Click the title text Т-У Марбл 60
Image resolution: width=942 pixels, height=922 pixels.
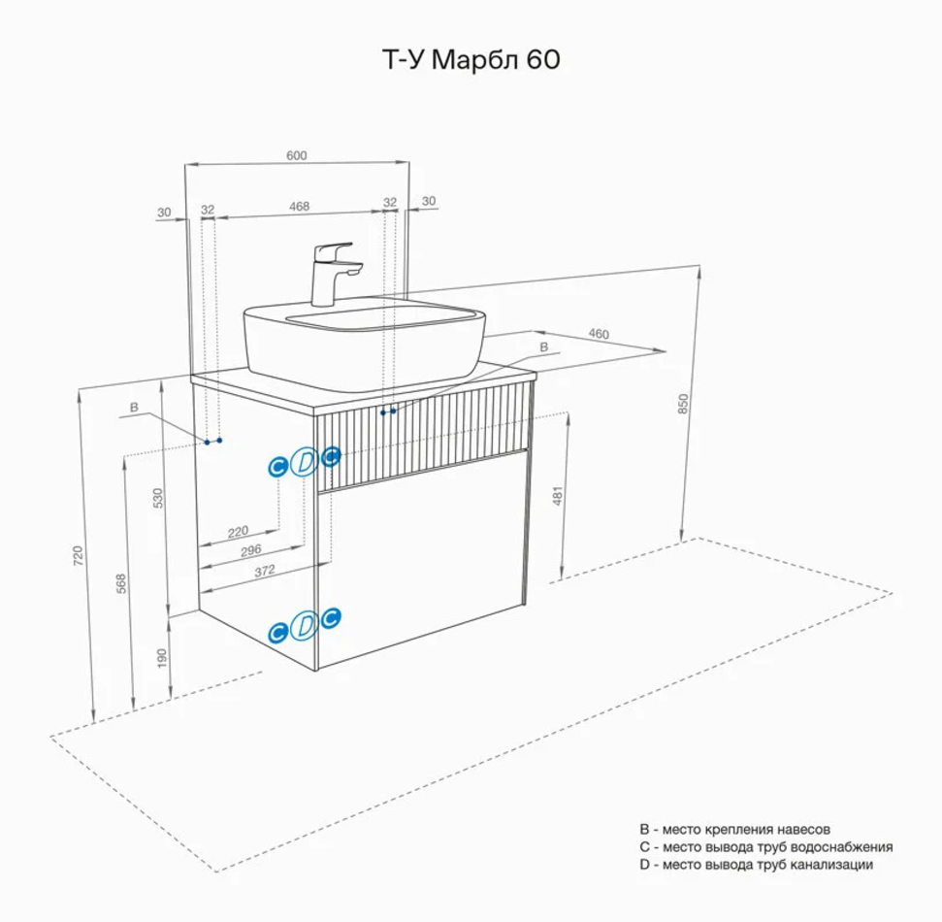(470, 60)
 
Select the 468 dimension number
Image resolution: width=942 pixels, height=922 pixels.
(299, 205)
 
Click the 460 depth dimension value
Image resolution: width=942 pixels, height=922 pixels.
(599, 334)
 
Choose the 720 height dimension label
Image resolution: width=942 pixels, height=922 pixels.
(79, 555)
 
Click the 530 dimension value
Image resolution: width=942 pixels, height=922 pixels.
(158, 497)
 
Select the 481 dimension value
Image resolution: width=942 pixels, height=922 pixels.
(557, 497)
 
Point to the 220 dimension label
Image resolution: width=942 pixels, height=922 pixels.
(238, 531)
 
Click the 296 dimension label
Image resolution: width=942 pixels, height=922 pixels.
(251, 550)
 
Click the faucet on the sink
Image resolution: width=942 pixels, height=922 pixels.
(333, 273)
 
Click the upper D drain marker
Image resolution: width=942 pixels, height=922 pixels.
(304, 462)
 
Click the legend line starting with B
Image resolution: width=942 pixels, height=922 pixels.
(734, 830)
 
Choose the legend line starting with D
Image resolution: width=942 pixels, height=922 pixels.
(756, 864)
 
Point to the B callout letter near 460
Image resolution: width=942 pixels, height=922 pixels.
(543, 346)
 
